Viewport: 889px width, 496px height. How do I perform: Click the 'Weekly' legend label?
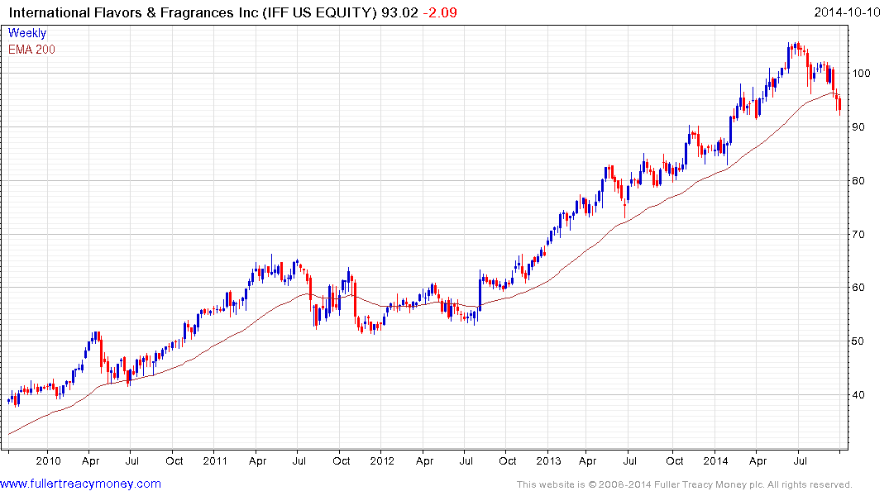pyautogui.click(x=27, y=34)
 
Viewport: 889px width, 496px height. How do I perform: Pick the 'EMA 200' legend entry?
pyautogui.click(x=31, y=50)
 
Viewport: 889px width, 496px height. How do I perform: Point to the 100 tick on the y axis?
pyautogui.click(x=863, y=74)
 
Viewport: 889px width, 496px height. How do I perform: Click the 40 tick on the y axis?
pyautogui.click(x=860, y=395)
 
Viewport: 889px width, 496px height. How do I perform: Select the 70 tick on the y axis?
pyautogui.click(x=860, y=235)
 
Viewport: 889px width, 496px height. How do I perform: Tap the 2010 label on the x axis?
pyautogui.click(x=48, y=461)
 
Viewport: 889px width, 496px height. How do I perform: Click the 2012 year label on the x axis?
pyautogui.click(x=381, y=461)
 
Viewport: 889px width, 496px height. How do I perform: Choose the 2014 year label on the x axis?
pyautogui.click(x=716, y=461)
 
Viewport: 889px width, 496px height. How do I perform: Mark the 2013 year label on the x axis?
pyautogui.click(x=548, y=461)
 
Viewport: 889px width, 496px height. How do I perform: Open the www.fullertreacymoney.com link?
pyautogui.click(x=80, y=484)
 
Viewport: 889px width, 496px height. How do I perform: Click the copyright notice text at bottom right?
pyautogui.click(x=684, y=484)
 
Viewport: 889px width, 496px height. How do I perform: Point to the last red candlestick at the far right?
pyautogui.click(x=839, y=103)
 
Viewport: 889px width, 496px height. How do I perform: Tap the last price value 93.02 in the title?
pyautogui.click(x=396, y=12)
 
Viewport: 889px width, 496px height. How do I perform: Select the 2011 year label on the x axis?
pyautogui.click(x=215, y=461)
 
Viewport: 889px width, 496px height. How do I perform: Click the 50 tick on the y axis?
pyautogui.click(x=860, y=341)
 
